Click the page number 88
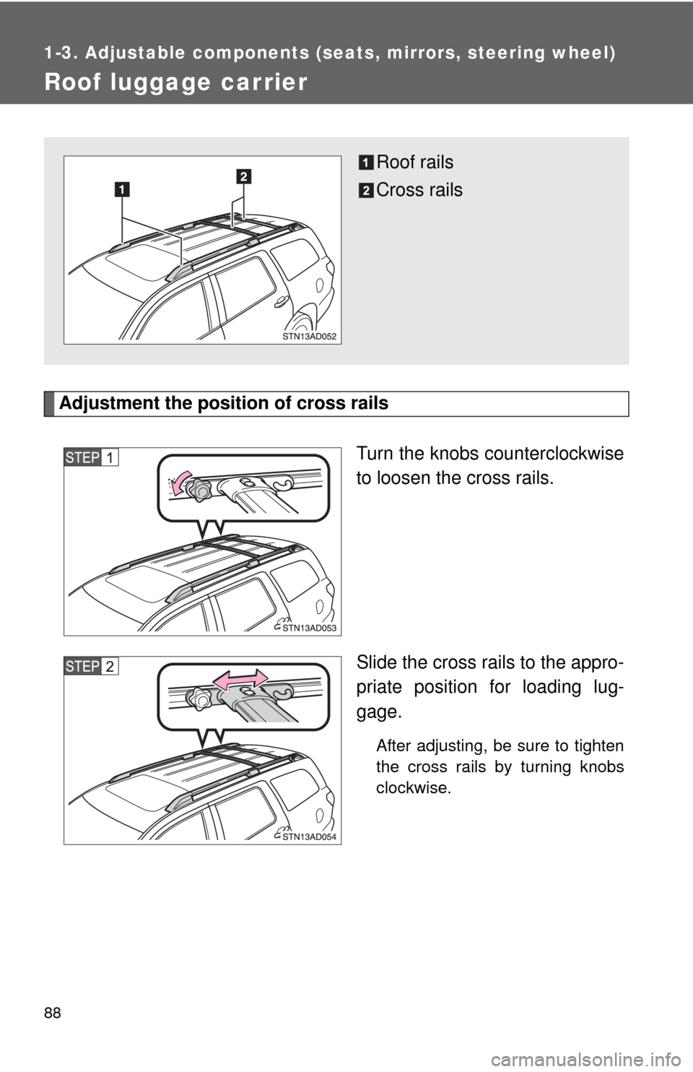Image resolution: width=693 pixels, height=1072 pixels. click(52, 1013)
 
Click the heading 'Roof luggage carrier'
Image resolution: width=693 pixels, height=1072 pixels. click(175, 82)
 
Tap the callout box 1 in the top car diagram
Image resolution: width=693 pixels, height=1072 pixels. click(122, 189)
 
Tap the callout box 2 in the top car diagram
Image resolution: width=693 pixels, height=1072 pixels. click(243, 176)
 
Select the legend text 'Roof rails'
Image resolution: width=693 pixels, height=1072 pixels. click(414, 163)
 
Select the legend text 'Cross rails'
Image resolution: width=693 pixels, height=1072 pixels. click(419, 190)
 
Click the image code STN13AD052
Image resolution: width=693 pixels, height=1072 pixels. click(309, 336)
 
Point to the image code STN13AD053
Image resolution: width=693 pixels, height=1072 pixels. click(309, 628)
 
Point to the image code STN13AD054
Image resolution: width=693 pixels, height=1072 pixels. click(309, 837)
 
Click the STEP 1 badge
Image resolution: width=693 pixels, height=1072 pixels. click(91, 457)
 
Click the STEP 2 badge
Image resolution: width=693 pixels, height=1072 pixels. click(91, 666)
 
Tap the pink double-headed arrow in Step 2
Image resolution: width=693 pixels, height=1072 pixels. click(240, 678)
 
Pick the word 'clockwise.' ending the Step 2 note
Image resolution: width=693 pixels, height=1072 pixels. click(414, 787)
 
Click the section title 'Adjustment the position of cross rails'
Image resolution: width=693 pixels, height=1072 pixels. click(224, 403)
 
